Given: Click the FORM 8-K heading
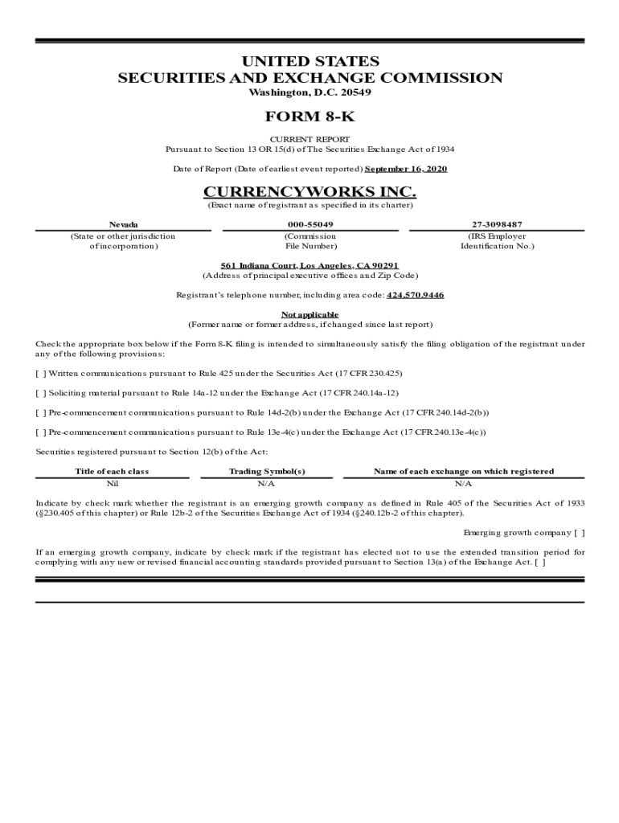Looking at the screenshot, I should click(x=309, y=117).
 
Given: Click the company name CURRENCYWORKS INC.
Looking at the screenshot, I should click(x=309, y=191).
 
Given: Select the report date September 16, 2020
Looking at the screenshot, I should click(x=406, y=169).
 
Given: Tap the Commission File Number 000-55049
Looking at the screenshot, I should click(x=309, y=224).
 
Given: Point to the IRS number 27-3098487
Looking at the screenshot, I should click(x=496, y=224).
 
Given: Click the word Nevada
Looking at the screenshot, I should click(x=123, y=224).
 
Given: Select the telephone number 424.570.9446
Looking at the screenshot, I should click(x=415, y=295).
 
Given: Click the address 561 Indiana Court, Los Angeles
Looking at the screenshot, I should click(x=309, y=265).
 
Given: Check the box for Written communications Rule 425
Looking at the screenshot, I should click(x=41, y=374).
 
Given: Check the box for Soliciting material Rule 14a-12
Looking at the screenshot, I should click(x=41, y=393).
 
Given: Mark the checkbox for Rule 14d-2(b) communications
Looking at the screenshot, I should click(x=41, y=412).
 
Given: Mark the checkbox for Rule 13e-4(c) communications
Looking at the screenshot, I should click(x=41, y=432).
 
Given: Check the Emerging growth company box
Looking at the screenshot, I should click(x=579, y=533).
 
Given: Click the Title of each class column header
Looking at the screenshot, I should click(x=112, y=472).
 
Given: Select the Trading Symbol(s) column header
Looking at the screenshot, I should click(x=267, y=472).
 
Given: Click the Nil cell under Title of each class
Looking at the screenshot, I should click(x=112, y=484).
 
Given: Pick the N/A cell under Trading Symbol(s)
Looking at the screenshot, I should click(x=267, y=484).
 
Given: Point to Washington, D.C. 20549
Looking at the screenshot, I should click(x=309, y=92).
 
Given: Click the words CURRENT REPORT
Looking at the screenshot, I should click(x=309, y=139).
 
